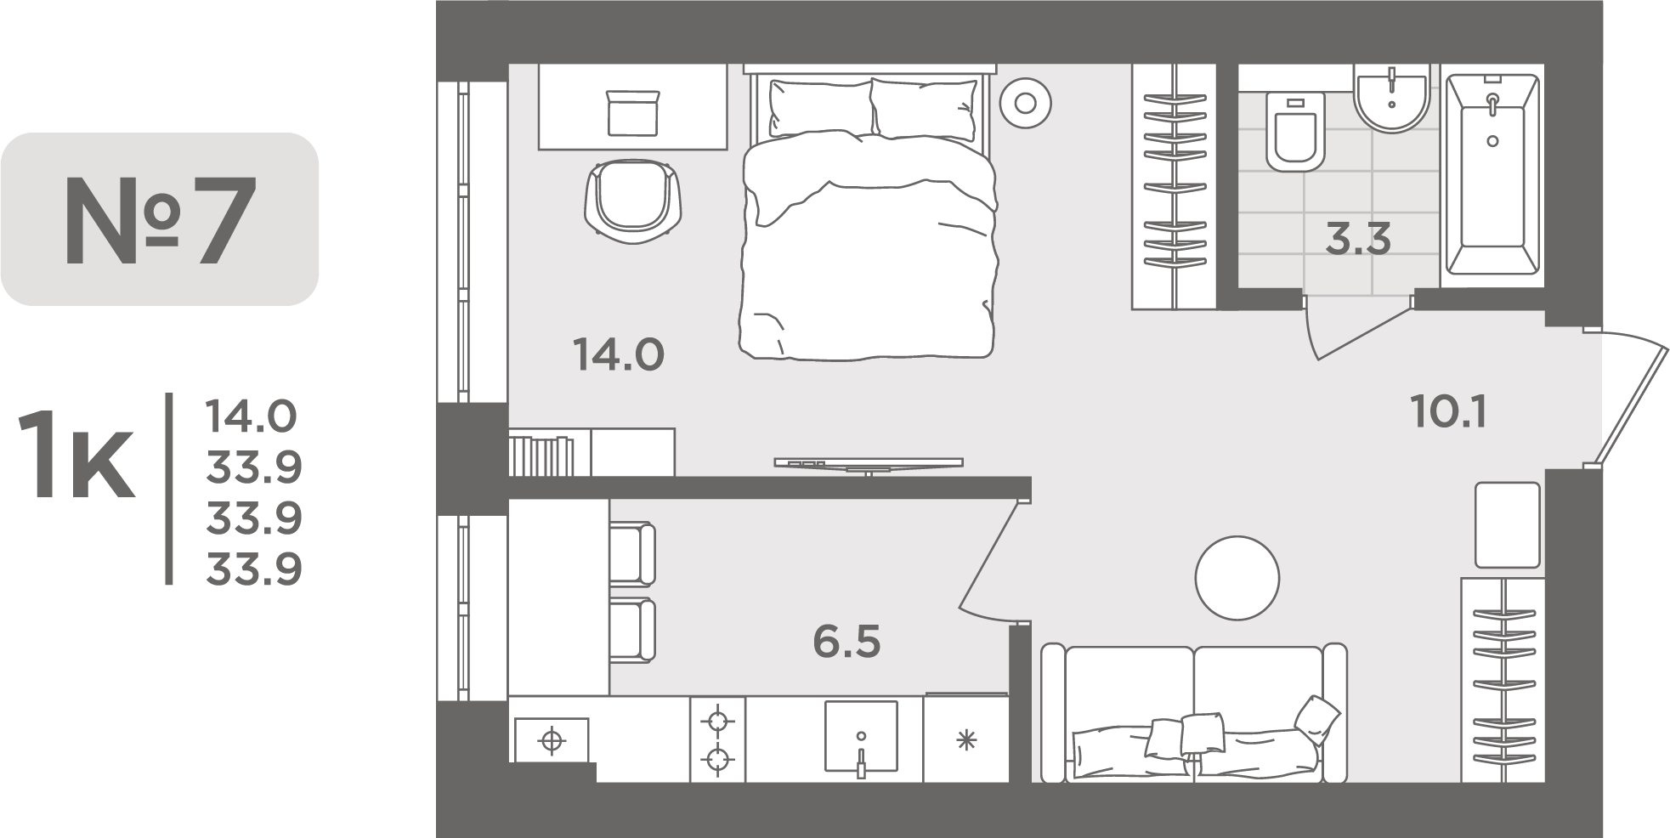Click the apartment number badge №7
[160, 219]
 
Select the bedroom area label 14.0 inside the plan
[619, 354]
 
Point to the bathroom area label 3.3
[1358, 239]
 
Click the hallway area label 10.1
[1448, 412]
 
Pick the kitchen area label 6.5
[846, 642]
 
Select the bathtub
[1492, 175]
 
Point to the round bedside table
[1025, 104]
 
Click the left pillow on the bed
[819, 108]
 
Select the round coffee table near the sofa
[1237, 578]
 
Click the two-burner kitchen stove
[717, 739]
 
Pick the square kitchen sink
[860, 736]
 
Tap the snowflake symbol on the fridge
[965, 740]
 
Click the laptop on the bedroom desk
[633, 114]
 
